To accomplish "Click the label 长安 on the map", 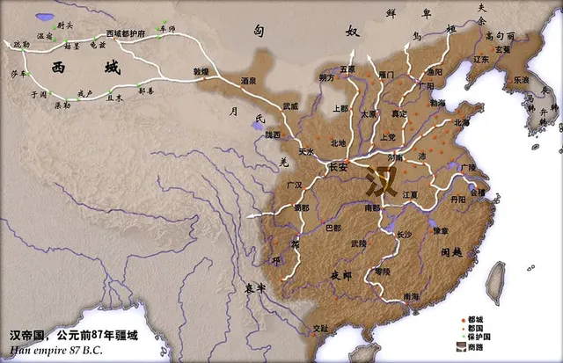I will coord(338,168).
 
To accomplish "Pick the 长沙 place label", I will coord(404,235).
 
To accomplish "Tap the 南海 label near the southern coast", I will coord(409,298).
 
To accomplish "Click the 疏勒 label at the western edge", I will coord(20,42).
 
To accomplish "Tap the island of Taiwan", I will coord(495,282).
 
